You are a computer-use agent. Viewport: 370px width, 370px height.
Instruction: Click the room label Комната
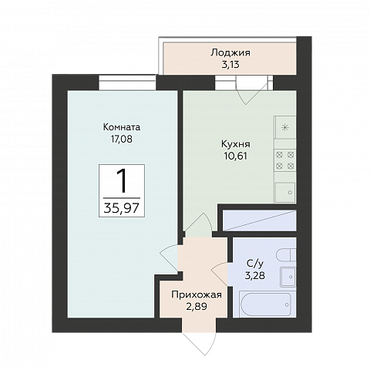pos(122,127)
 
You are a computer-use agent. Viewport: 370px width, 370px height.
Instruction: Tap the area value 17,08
pos(122,139)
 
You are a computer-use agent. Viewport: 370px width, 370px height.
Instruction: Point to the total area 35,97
pos(122,208)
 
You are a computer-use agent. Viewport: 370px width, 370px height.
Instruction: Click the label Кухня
pos(236,144)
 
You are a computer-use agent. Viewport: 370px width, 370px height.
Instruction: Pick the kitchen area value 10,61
pos(236,156)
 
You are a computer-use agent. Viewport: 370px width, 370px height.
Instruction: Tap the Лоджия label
pos(230,53)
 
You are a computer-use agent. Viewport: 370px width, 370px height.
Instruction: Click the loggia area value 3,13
pos(230,65)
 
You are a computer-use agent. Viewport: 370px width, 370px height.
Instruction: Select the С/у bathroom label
pos(255,264)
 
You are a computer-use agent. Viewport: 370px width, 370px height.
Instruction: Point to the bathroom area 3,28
pos(255,275)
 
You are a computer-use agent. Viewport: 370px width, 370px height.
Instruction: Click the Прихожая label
pos(197,294)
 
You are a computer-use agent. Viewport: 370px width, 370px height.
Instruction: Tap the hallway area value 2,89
pos(197,306)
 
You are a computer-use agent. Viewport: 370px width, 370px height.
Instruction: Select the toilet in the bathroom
pos(286,255)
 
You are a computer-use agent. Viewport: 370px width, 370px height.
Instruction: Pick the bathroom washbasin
pos(288,277)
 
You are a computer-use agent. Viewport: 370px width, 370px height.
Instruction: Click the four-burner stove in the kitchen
pos(285,160)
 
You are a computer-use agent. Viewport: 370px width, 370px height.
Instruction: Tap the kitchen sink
pos(285,193)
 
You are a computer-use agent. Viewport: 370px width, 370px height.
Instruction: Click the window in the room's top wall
pos(127,82)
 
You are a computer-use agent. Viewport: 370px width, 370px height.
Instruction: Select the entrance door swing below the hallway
pos(198,344)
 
